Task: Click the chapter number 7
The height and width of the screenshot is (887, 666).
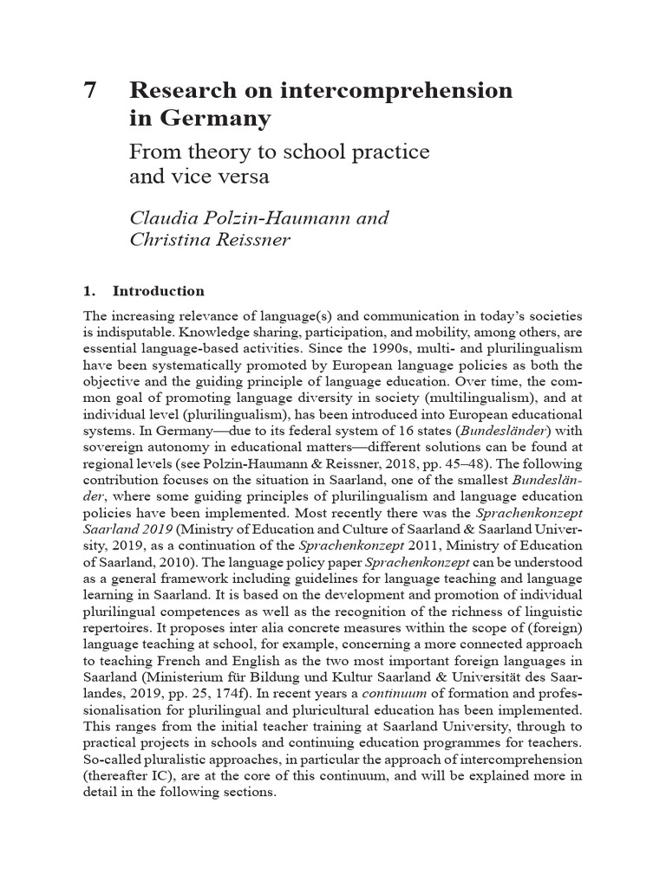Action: [91, 91]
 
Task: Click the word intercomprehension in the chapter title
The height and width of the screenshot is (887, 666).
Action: [416, 91]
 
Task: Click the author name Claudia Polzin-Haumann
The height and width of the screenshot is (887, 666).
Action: [240, 217]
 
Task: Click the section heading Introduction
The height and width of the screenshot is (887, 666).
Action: [159, 291]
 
